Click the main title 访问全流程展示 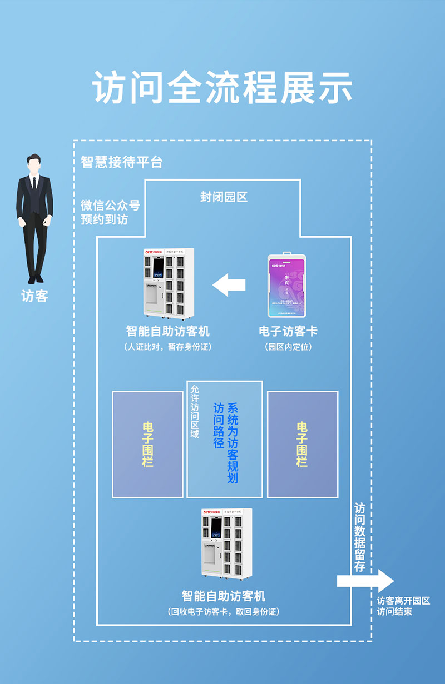point(222,87)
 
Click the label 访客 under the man point(34,296)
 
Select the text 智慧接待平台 point(122,162)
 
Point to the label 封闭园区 point(224,197)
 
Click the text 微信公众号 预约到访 point(110,212)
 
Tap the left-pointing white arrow point(229,285)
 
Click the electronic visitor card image point(288,286)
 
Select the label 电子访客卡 point(288,331)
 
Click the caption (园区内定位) point(288,347)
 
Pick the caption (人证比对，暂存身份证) point(167,347)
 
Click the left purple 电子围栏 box point(147,444)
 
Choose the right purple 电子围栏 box point(302,444)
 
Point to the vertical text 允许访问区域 point(194,411)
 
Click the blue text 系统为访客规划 point(233,442)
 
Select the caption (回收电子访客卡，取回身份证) point(223,612)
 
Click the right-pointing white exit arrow point(365,581)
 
